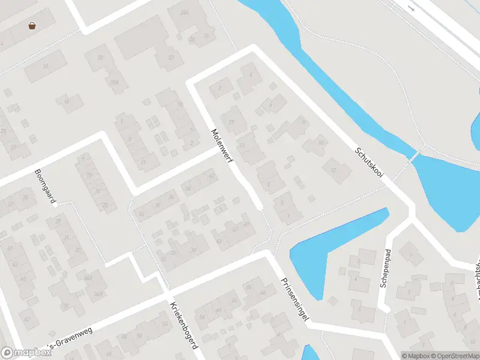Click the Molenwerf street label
(222, 147)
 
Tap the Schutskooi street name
(368, 162)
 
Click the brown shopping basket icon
(31, 25)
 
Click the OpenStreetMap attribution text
(453, 356)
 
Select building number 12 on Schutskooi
(334, 170)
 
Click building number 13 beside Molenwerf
(232, 122)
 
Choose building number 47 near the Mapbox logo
(27, 319)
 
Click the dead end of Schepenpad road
(388, 308)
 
